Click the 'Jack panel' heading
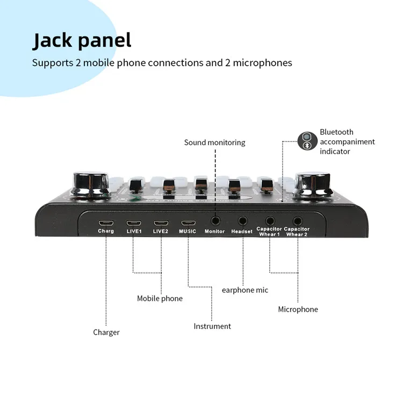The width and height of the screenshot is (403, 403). (x=82, y=40)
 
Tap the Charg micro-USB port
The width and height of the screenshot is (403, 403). (x=106, y=222)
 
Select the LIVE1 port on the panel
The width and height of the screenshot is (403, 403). (x=133, y=222)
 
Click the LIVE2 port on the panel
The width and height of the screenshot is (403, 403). (x=161, y=222)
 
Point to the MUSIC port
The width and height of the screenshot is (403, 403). (x=188, y=222)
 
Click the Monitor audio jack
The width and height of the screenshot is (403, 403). (x=215, y=220)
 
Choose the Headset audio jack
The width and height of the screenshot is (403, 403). (x=242, y=220)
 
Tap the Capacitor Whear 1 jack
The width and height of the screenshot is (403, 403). (x=270, y=220)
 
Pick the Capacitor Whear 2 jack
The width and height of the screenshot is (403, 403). (x=297, y=220)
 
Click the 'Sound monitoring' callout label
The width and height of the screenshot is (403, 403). (x=214, y=142)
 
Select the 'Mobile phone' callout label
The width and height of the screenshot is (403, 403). (x=160, y=298)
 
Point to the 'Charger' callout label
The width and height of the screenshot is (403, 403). (x=106, y=332)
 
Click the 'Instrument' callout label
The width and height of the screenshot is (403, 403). (x=212, y=326)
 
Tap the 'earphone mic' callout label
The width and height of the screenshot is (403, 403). (x=245, y=290)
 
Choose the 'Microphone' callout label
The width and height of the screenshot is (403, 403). (x=298, y=309)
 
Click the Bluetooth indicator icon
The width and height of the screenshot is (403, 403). (x=307, y=141)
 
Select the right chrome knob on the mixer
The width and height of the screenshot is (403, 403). (x=313, y=185)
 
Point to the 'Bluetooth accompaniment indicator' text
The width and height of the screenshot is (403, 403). (x=347, y=141)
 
